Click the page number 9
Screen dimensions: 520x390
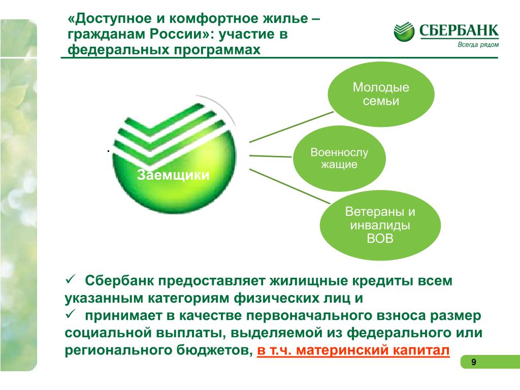474,362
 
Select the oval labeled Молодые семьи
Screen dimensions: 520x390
381,94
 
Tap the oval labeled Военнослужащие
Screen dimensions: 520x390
339,158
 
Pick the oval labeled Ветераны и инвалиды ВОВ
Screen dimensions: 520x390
380,225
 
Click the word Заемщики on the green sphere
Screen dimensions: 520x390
173,175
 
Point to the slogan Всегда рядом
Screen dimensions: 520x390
478,45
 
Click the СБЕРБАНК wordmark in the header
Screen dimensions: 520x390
459,30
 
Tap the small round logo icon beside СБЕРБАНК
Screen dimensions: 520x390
404,31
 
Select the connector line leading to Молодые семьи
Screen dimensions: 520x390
291,127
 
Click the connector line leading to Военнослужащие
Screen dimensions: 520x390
270,156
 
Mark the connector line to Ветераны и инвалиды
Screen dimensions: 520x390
289,186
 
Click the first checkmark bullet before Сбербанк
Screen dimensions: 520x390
71,279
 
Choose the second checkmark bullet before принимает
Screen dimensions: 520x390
71,314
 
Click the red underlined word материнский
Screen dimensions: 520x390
342,350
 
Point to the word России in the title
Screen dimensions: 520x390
176,34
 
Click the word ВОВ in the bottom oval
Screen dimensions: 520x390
380,239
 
